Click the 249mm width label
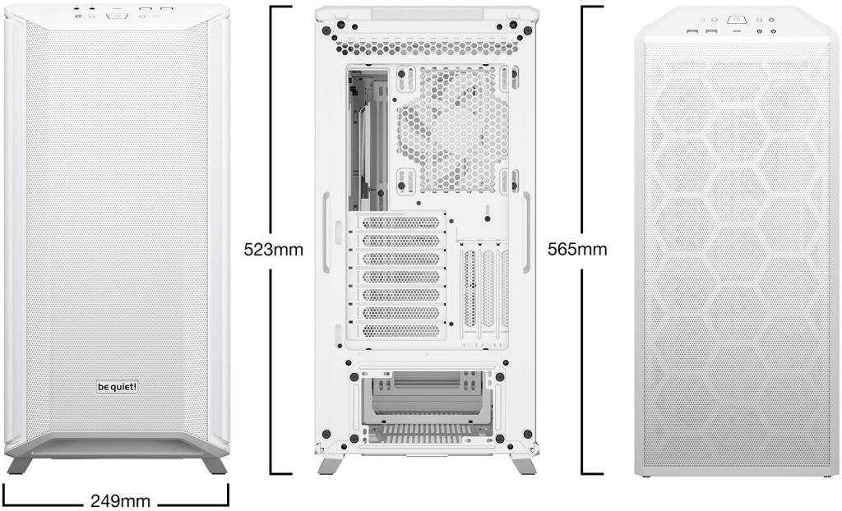click(120, 501)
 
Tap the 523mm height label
click(273, 250)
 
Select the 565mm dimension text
click(577, 249)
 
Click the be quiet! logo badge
click(117, 386)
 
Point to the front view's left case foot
click(21, 465)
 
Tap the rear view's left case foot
click(331, 465)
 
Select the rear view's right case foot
click(522, 465)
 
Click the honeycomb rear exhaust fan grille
click(453, 130)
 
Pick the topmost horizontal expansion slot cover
click(401, 222)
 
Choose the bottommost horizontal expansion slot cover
click(401, 330)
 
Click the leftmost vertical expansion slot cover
click(470, 290)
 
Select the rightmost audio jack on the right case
click(773, 32)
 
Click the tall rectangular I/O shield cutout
click(368, 139)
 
